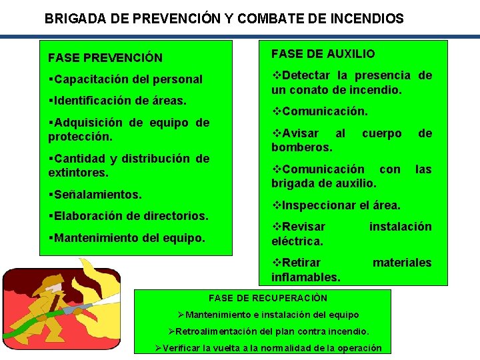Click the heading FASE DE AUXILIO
[323, 54]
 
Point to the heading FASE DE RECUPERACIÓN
[268, 298]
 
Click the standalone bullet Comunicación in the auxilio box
[321, 111]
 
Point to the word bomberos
[302, 147]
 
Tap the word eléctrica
[297, 241]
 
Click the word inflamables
[306, 277]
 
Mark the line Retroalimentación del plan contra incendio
[269, 331]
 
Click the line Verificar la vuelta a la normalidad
[269, 348]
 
